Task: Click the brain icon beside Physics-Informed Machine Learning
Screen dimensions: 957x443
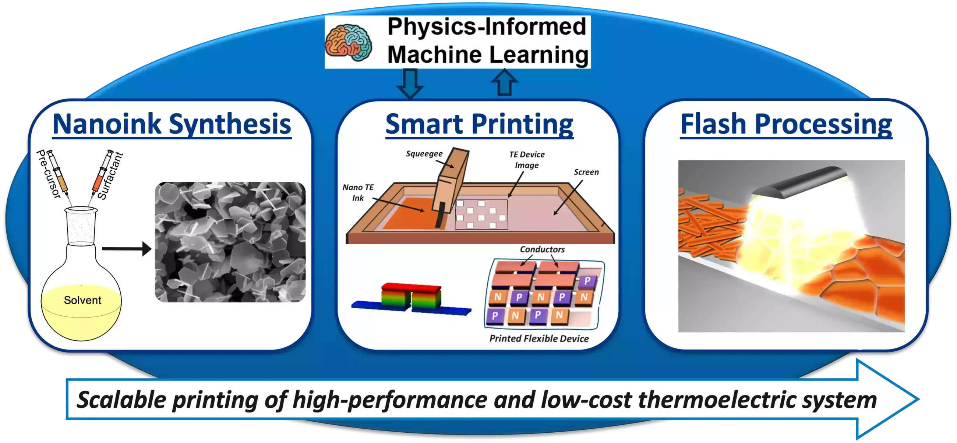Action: (349, 42)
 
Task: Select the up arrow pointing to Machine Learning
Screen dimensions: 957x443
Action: (505, 82)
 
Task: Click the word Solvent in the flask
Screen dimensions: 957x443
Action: (82, 300)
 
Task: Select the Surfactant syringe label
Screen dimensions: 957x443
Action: (110, 175)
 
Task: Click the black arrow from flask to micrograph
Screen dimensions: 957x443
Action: (127, 248)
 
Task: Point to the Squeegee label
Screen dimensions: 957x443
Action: (424, 154)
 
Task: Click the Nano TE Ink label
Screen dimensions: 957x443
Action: (358, 192)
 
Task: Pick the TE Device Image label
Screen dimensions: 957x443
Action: (526, 160)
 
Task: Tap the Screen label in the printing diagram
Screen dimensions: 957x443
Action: (586, 172)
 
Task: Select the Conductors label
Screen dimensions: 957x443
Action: (542, 249)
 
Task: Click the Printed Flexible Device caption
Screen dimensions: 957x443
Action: (539, 338)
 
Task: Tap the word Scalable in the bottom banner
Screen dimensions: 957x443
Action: (121, 400)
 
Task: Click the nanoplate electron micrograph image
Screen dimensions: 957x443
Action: (230, 242)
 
